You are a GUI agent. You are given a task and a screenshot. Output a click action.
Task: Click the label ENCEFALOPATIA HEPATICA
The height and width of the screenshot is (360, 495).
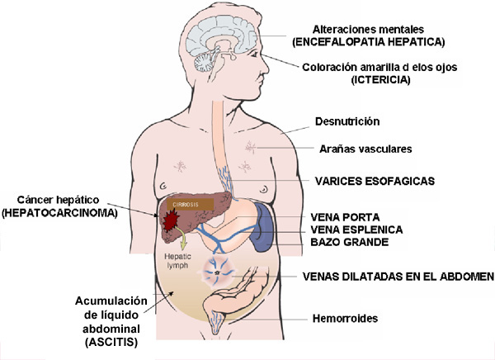369,42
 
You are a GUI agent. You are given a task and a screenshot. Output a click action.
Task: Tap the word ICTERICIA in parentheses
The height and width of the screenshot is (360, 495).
380,79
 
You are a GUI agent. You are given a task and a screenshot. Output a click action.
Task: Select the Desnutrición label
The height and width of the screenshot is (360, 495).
347,121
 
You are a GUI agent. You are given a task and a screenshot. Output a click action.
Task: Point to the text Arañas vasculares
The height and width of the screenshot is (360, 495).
365,149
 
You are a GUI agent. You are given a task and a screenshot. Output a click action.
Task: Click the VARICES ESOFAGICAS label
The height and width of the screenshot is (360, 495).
375,181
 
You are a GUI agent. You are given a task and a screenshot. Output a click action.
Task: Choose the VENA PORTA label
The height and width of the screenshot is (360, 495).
345,217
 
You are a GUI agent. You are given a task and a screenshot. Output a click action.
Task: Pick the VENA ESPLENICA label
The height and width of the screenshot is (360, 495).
356,230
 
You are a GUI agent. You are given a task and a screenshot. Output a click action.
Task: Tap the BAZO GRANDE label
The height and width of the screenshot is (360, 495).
350,242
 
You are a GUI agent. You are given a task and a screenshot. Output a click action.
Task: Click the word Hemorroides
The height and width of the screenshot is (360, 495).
345,318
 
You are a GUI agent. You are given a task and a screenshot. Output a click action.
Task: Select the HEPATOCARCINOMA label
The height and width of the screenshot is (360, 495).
59,213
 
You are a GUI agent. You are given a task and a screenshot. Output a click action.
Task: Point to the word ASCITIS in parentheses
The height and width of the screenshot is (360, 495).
111,342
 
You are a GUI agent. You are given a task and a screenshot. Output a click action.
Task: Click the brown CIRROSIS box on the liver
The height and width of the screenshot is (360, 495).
190,205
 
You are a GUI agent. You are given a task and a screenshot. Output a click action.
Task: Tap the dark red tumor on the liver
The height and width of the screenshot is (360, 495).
172,220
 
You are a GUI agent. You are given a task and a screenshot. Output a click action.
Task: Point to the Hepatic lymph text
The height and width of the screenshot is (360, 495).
177,261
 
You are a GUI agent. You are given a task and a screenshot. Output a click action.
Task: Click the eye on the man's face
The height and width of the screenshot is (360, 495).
253,54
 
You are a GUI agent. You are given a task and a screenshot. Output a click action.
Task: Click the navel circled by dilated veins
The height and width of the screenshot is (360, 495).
217,273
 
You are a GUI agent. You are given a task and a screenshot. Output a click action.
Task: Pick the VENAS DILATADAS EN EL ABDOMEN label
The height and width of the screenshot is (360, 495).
398,277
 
